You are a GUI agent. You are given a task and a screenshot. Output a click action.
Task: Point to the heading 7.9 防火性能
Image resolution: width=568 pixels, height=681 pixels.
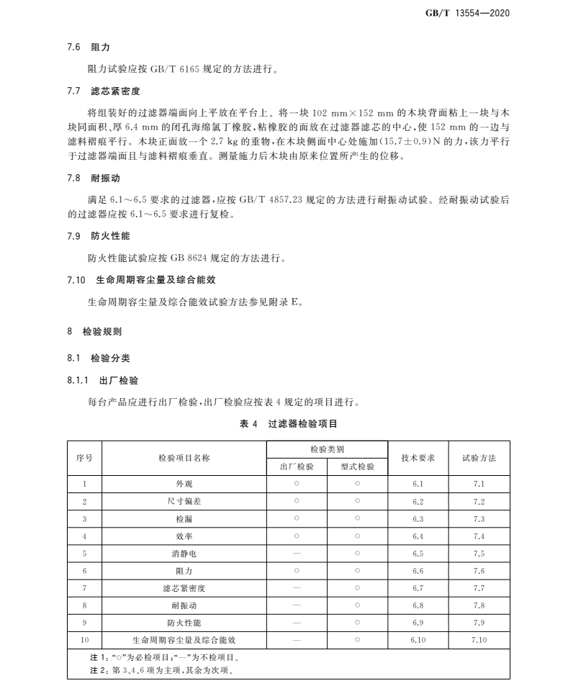click(x=99, y=235)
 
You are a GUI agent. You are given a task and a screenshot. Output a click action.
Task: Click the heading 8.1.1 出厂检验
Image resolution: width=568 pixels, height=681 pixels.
click(x=102, y=380)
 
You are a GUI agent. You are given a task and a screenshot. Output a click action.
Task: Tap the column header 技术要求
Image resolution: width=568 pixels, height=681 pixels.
click(x=418, y=458)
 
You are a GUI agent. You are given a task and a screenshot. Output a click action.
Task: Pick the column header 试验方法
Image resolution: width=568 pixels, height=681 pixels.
click(x=479, y=458)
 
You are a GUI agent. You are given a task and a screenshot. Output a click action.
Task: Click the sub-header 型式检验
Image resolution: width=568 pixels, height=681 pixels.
click(x=358, y=466)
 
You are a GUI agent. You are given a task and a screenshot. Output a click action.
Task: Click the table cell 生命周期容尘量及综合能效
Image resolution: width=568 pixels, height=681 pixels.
click(x=184, y=639)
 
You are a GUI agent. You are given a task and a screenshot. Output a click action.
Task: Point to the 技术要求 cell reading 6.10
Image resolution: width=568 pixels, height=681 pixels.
click(x=418, y=639)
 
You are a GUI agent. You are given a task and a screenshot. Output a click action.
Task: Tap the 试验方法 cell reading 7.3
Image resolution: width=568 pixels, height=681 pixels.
click(x=479, y=518)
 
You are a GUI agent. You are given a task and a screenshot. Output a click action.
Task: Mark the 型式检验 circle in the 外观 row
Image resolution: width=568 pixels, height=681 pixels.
click(x=358, y=484)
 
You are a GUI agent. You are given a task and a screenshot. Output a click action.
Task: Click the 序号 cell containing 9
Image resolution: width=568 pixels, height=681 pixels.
click(x=85, y=622)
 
